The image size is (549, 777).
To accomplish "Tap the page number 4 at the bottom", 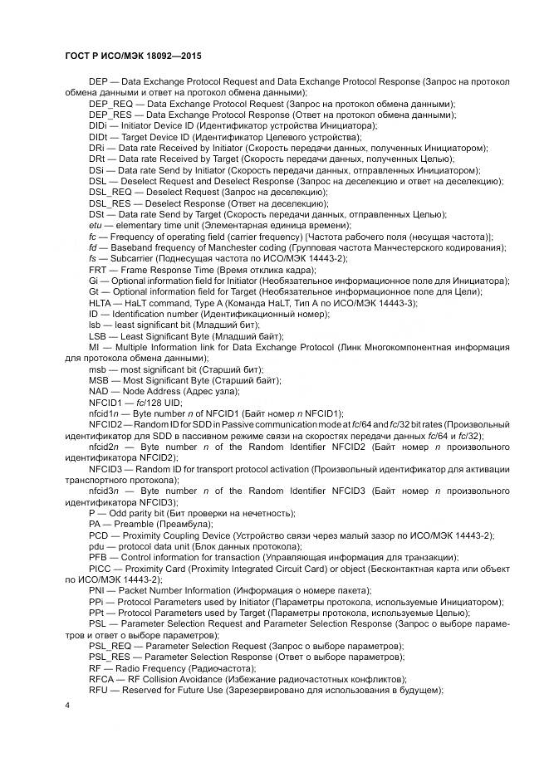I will [67, 705].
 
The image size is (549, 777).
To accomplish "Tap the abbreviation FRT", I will [98, 270].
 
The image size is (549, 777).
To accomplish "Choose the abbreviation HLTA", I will [101, 302].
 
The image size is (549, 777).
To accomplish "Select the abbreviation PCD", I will [99, 535].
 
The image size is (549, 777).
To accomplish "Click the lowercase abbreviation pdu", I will [96, 546].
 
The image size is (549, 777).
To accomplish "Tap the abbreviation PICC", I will [100, 569].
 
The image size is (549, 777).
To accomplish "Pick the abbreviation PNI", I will [98, 590].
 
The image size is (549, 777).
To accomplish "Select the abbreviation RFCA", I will [101, 678].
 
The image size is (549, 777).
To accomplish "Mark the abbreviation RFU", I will [99, 689].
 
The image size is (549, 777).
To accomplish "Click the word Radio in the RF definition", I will [133, 667].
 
